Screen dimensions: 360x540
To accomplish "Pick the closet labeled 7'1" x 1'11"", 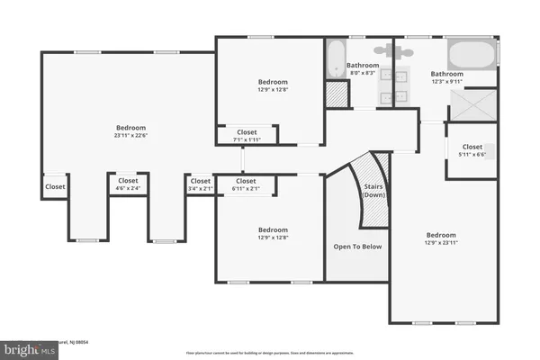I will pos(246,135).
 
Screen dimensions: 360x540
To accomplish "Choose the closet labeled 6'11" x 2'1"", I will pos(246,184).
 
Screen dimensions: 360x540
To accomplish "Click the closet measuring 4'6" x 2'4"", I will pos(128,184).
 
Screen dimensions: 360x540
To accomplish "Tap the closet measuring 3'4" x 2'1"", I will pos(200,184).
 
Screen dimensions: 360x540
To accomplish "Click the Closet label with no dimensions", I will pos(55,187).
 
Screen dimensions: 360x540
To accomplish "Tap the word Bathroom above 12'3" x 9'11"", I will pos(446,74).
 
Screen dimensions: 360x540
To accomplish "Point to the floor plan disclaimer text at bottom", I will pos(270,353).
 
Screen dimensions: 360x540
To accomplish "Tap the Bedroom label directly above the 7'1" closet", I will pos(271,82).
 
